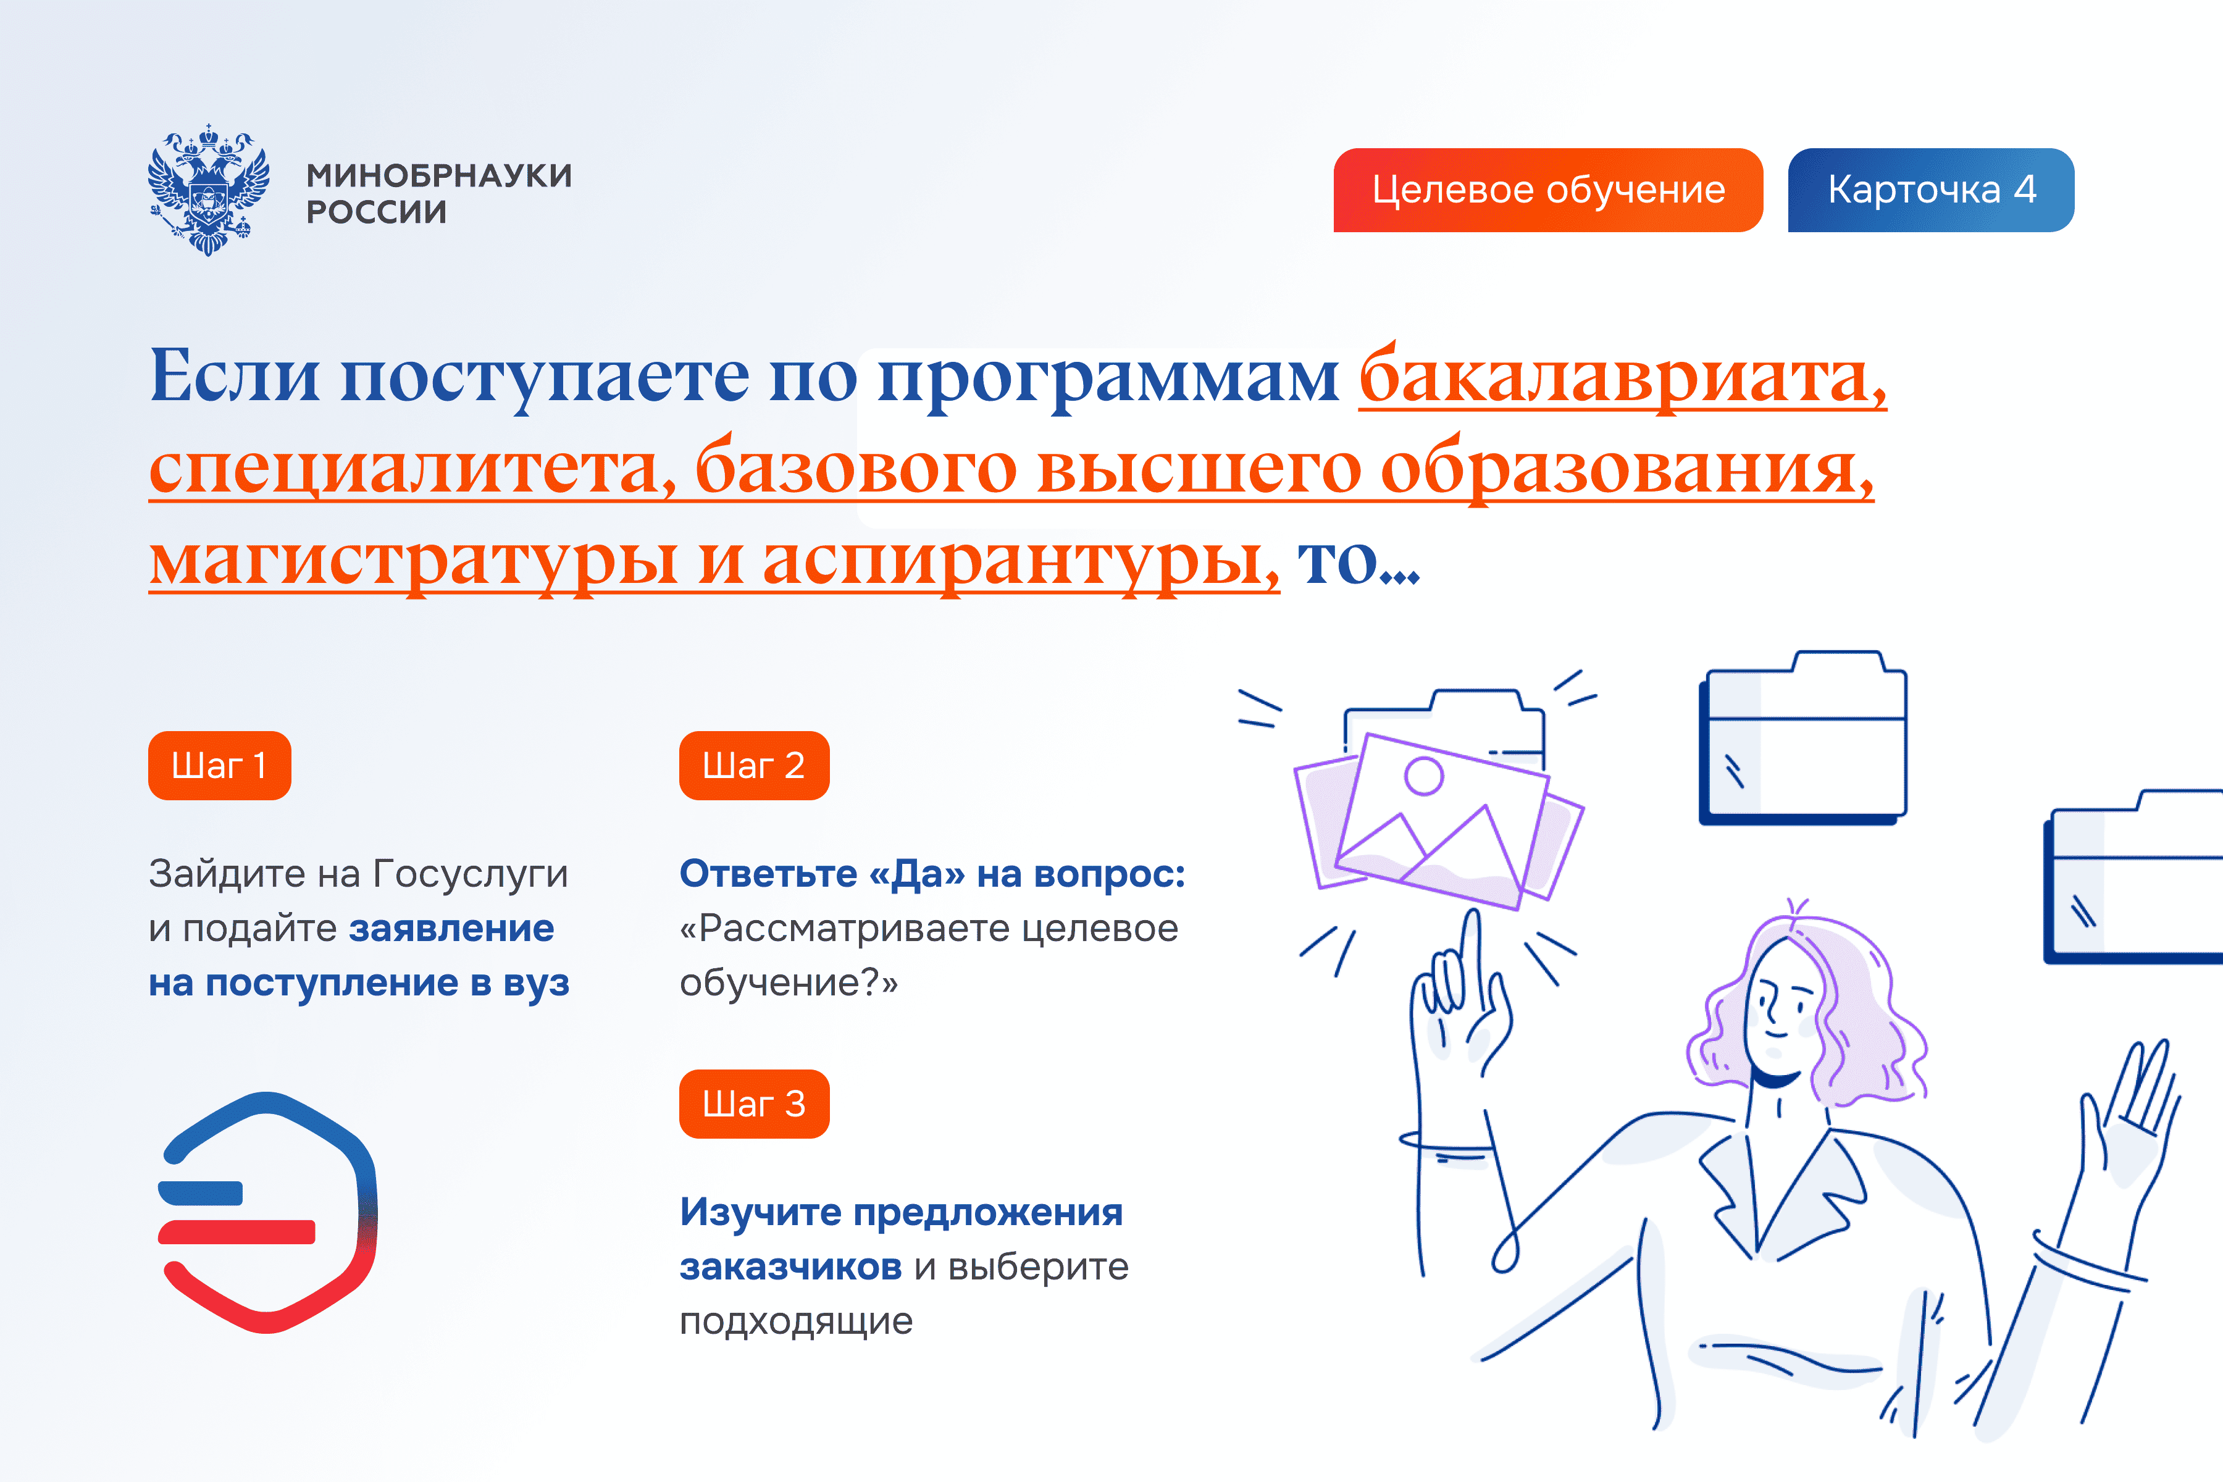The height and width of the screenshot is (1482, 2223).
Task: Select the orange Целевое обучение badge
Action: (1548, 190)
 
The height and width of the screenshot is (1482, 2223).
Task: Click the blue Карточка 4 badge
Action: (1931, 190)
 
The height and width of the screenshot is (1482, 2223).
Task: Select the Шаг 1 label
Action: (219, 766)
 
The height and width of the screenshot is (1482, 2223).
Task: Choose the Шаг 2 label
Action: (754, 766)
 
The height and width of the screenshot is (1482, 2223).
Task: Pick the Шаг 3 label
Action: (754, 1104)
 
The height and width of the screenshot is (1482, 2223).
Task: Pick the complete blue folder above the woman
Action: (1803, 737)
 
